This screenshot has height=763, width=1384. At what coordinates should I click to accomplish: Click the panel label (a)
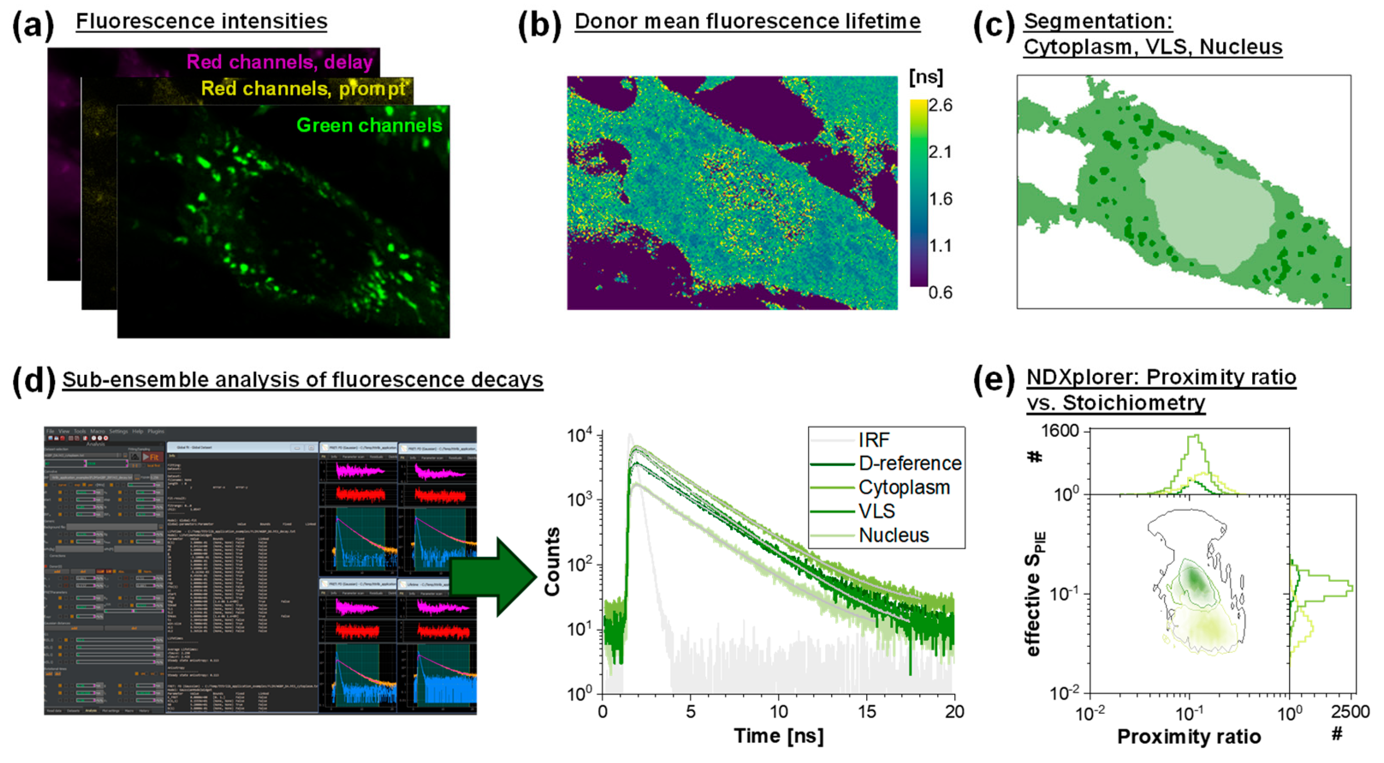tap(33, 24)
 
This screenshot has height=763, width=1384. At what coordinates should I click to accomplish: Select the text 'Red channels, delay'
tap(279, 62)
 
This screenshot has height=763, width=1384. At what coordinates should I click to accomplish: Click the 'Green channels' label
tap(369, 125)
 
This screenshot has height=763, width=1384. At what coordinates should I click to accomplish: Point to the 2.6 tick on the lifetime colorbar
tap(940, 106)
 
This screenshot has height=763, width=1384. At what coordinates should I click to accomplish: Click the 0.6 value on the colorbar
tap(940, 292)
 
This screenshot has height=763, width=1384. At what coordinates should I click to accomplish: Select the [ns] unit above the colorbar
tap(926, 77)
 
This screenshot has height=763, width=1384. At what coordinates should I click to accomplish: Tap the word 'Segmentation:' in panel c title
tap(1098, 21)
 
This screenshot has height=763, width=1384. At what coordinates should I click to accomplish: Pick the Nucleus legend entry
tap(893, 535)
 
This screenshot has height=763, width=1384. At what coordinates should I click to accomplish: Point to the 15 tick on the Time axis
tap(867, 712)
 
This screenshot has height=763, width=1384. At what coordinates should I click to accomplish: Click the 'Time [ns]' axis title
tap(778, 736)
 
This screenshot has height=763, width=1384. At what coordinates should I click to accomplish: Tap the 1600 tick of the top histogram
tap(1059, 431)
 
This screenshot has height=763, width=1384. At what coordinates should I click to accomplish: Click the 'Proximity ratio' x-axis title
tap(1188, 737)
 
